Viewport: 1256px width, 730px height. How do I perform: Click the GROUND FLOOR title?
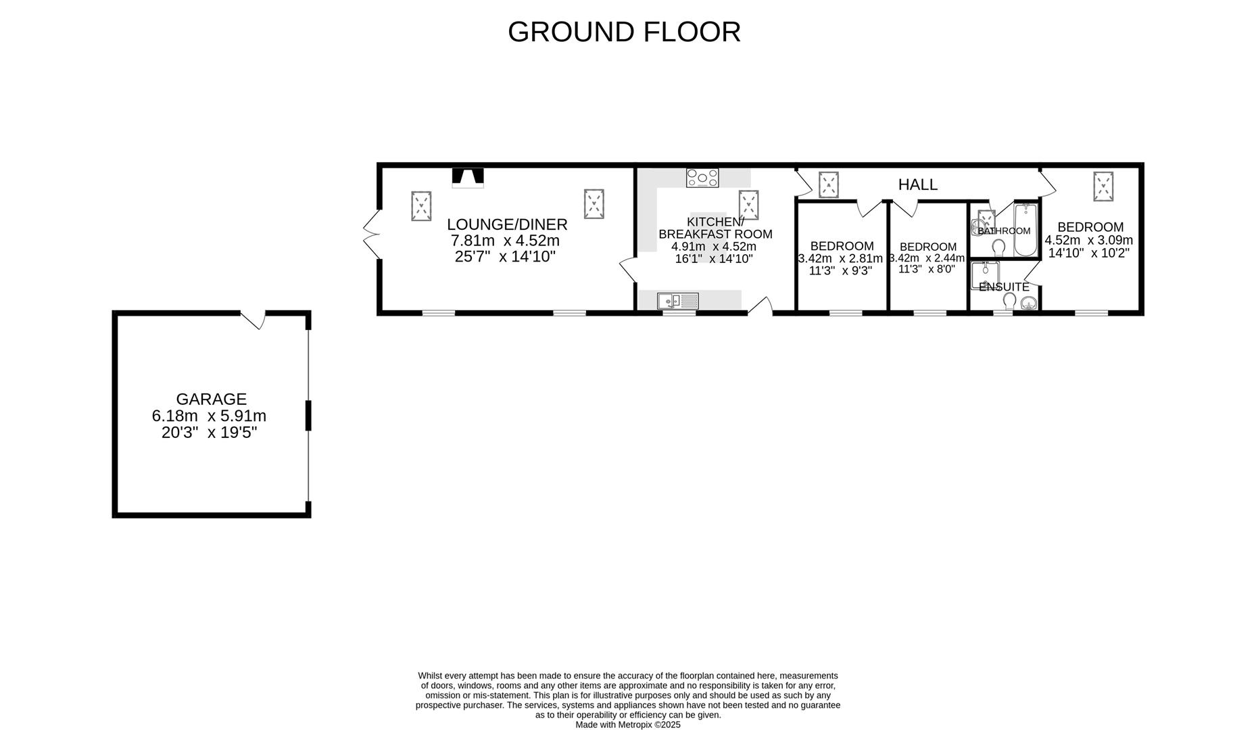pos(624,32)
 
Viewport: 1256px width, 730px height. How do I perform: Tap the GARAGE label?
pos(211,399)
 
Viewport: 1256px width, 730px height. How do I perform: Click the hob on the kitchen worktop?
pos(702,178)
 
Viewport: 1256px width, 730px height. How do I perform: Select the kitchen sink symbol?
pos(677,300)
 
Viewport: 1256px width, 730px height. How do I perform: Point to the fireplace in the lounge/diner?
pos(468,177)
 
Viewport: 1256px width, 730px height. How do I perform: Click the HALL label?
pos(917,185)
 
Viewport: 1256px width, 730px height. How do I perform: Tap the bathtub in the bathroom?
pos(1025,231)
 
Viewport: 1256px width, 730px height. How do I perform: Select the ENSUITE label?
pos(1004,287)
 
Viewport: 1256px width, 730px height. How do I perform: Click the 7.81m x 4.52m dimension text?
pos(505,241)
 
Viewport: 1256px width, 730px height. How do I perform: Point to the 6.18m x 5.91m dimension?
pos(209,416)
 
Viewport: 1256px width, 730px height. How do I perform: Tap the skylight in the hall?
pos(829,185)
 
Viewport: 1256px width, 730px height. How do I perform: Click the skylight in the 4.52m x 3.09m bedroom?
pos(1103,186)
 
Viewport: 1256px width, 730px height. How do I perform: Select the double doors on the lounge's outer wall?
pos(370,235)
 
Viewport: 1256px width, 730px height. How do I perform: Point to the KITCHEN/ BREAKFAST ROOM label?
pos(715,228)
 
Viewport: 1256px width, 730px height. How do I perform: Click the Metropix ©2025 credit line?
pos(627,725)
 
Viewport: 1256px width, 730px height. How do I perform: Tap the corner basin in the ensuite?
pos(1028,303)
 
